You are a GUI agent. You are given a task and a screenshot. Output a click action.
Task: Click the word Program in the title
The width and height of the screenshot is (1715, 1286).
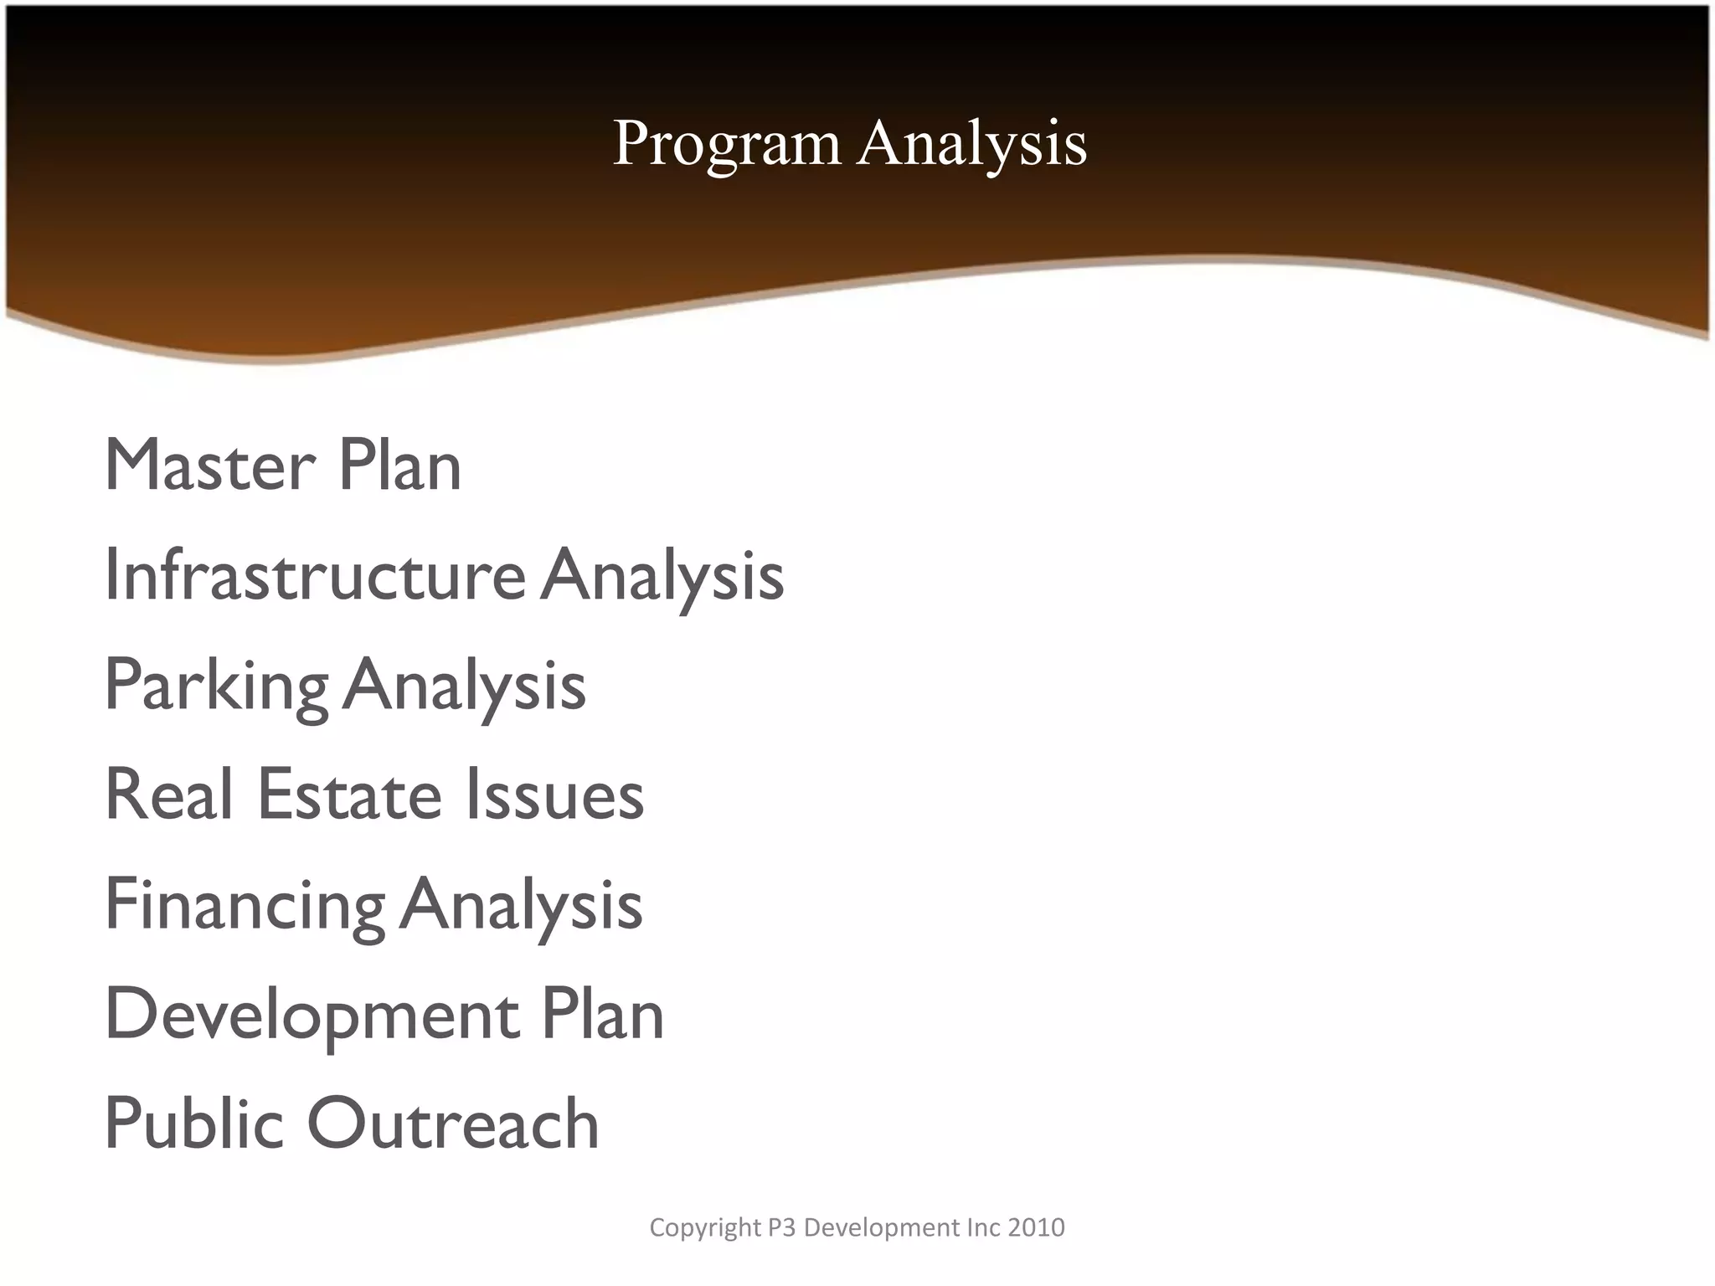pyautogui.click(x=726, y=144)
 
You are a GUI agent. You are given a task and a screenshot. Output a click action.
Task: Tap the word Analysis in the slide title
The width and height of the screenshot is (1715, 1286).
pyautogui.click(x=972, y=144)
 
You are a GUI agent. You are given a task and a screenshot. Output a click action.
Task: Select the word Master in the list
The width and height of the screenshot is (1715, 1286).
pyautogui.click(x=210, y=466)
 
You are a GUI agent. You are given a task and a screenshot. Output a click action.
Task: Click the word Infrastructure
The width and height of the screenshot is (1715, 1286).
pyautogui.click(x=315, y=575)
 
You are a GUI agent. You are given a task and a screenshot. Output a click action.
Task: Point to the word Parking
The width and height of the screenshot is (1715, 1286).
pyautogui.click(x=216, y=686)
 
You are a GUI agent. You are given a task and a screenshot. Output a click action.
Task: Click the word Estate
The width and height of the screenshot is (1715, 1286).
pyautogui.click(x=349, y=795)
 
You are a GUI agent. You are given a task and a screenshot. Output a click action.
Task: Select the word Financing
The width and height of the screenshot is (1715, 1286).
pyautogui.click(x=245, y=905)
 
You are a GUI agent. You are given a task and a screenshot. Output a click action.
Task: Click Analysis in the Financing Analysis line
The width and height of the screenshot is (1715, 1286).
pyautogui.click(x=521, y=905)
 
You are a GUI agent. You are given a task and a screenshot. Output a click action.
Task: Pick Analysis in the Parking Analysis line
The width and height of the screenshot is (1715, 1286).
pyautogui.click(x=464, y=686)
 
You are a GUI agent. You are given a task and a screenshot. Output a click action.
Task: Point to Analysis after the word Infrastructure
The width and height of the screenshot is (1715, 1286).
pyautogui.click(x=662, y=575)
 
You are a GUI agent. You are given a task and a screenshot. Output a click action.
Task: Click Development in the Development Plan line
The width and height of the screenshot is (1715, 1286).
pyautogui.click(x=312, y=1015)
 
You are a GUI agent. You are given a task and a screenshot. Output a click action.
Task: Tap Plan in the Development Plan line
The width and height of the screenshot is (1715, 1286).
pyautogui.click(x=602, y=1015)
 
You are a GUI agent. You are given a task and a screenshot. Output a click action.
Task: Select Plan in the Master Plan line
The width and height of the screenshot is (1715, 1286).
pyautogui.click(x=399, y=466)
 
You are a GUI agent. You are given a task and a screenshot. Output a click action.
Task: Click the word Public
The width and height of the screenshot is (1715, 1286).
pyautogui.click(x=194, y=1124)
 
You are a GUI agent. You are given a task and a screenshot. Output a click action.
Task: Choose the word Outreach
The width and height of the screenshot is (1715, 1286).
pyautogui.click(x=453, y=1124)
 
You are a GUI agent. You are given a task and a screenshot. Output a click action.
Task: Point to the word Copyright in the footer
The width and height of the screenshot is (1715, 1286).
pyautogui.click(x=705, y=1227)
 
